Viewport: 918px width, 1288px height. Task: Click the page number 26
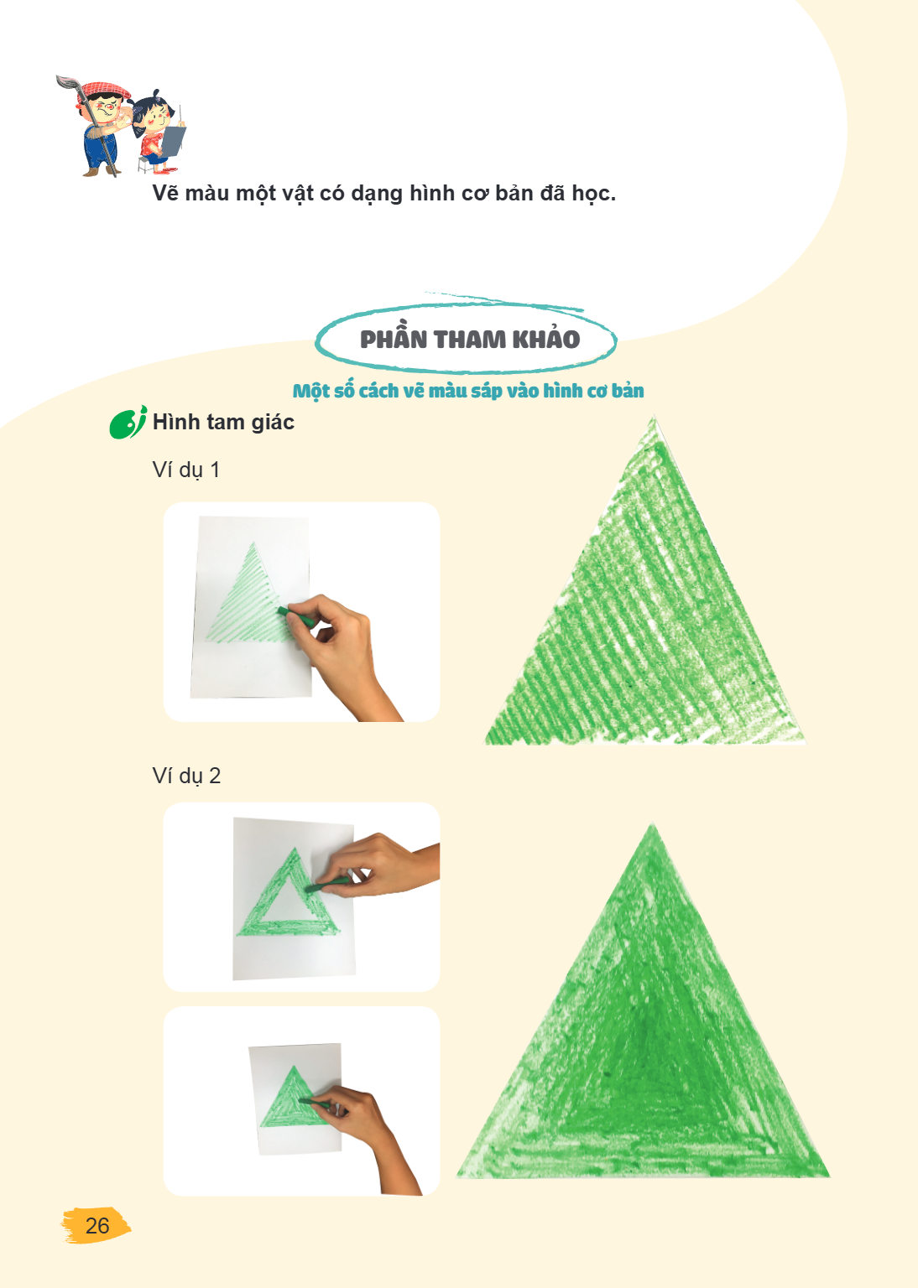coord(97,1225)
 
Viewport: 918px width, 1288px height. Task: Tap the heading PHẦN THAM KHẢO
coord(470,339)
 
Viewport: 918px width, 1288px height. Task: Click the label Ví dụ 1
coord(186,470)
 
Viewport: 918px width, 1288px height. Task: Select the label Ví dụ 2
coord(186,776)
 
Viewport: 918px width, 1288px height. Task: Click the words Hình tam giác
coord(223,422)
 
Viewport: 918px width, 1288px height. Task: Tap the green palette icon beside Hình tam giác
coord(128,423)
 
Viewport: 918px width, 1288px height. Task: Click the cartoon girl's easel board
coord(173,142)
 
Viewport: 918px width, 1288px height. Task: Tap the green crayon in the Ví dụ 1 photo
coord(296,617)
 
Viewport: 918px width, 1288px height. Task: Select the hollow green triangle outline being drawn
coord(288,893)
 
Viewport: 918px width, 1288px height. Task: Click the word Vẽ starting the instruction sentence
coord(166,193)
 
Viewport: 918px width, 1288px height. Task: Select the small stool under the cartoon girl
coord(145,164)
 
